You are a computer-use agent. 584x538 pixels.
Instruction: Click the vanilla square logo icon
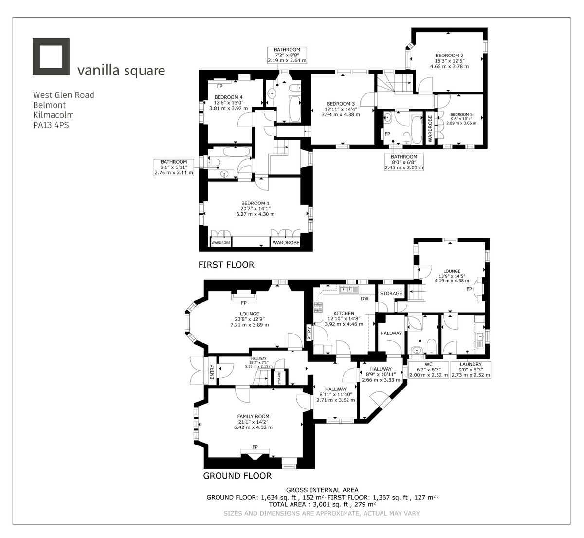pyautogui.click(x=51, y=56)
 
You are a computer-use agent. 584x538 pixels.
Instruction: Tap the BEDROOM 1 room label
pyautogui.click(x=255, y=203)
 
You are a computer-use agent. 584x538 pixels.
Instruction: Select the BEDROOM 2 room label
pyautogui.click(x=449, y=55)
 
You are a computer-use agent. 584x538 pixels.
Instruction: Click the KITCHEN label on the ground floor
pyautogui.click(x=344, y=313)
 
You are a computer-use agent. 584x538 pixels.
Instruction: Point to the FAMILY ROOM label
pyautogui.click(x=253, y=416)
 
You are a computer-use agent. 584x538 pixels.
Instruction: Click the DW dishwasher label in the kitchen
pyautogui.click(x=364, y=299)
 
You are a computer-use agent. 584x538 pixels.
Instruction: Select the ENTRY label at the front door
pyautogui.click(x=212, y=372)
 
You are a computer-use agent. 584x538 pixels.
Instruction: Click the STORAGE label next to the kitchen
pyautogui.click(x=391, y=293)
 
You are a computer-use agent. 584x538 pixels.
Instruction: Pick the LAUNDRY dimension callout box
pyautogui.click(x=470, y=370)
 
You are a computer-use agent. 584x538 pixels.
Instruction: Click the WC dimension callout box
pyautogui.click(x=428, y=370)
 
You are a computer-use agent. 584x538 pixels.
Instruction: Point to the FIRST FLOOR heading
pyautogui.click(x=226, y=265)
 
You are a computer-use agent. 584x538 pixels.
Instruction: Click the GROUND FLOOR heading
pyautogui.click(x=237, y=475)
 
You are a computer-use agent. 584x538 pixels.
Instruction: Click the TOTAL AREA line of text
pyautogui.click(x=322, y=505)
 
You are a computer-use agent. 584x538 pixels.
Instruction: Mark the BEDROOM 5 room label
pyautogui.click(x=461, y=114)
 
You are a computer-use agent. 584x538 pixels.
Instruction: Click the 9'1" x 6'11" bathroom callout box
pyautogui.click(x=174, y=167)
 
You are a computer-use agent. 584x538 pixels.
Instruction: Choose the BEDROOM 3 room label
pyautogui.click(x=341, y=104)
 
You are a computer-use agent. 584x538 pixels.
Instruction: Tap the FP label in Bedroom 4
pyautogui.click(x=219, y=86)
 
